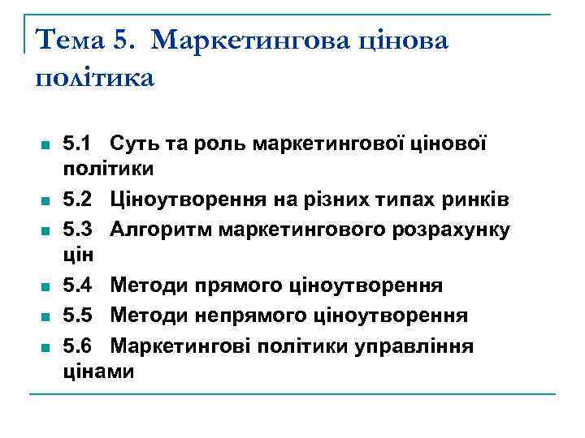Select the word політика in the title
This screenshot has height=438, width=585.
pos(94,79)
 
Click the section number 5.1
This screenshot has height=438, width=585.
pos(76,145)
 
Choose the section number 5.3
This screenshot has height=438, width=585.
pos(76,229)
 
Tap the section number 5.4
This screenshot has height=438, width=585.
pos(76,286)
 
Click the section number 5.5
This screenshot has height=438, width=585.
pos(76,315)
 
